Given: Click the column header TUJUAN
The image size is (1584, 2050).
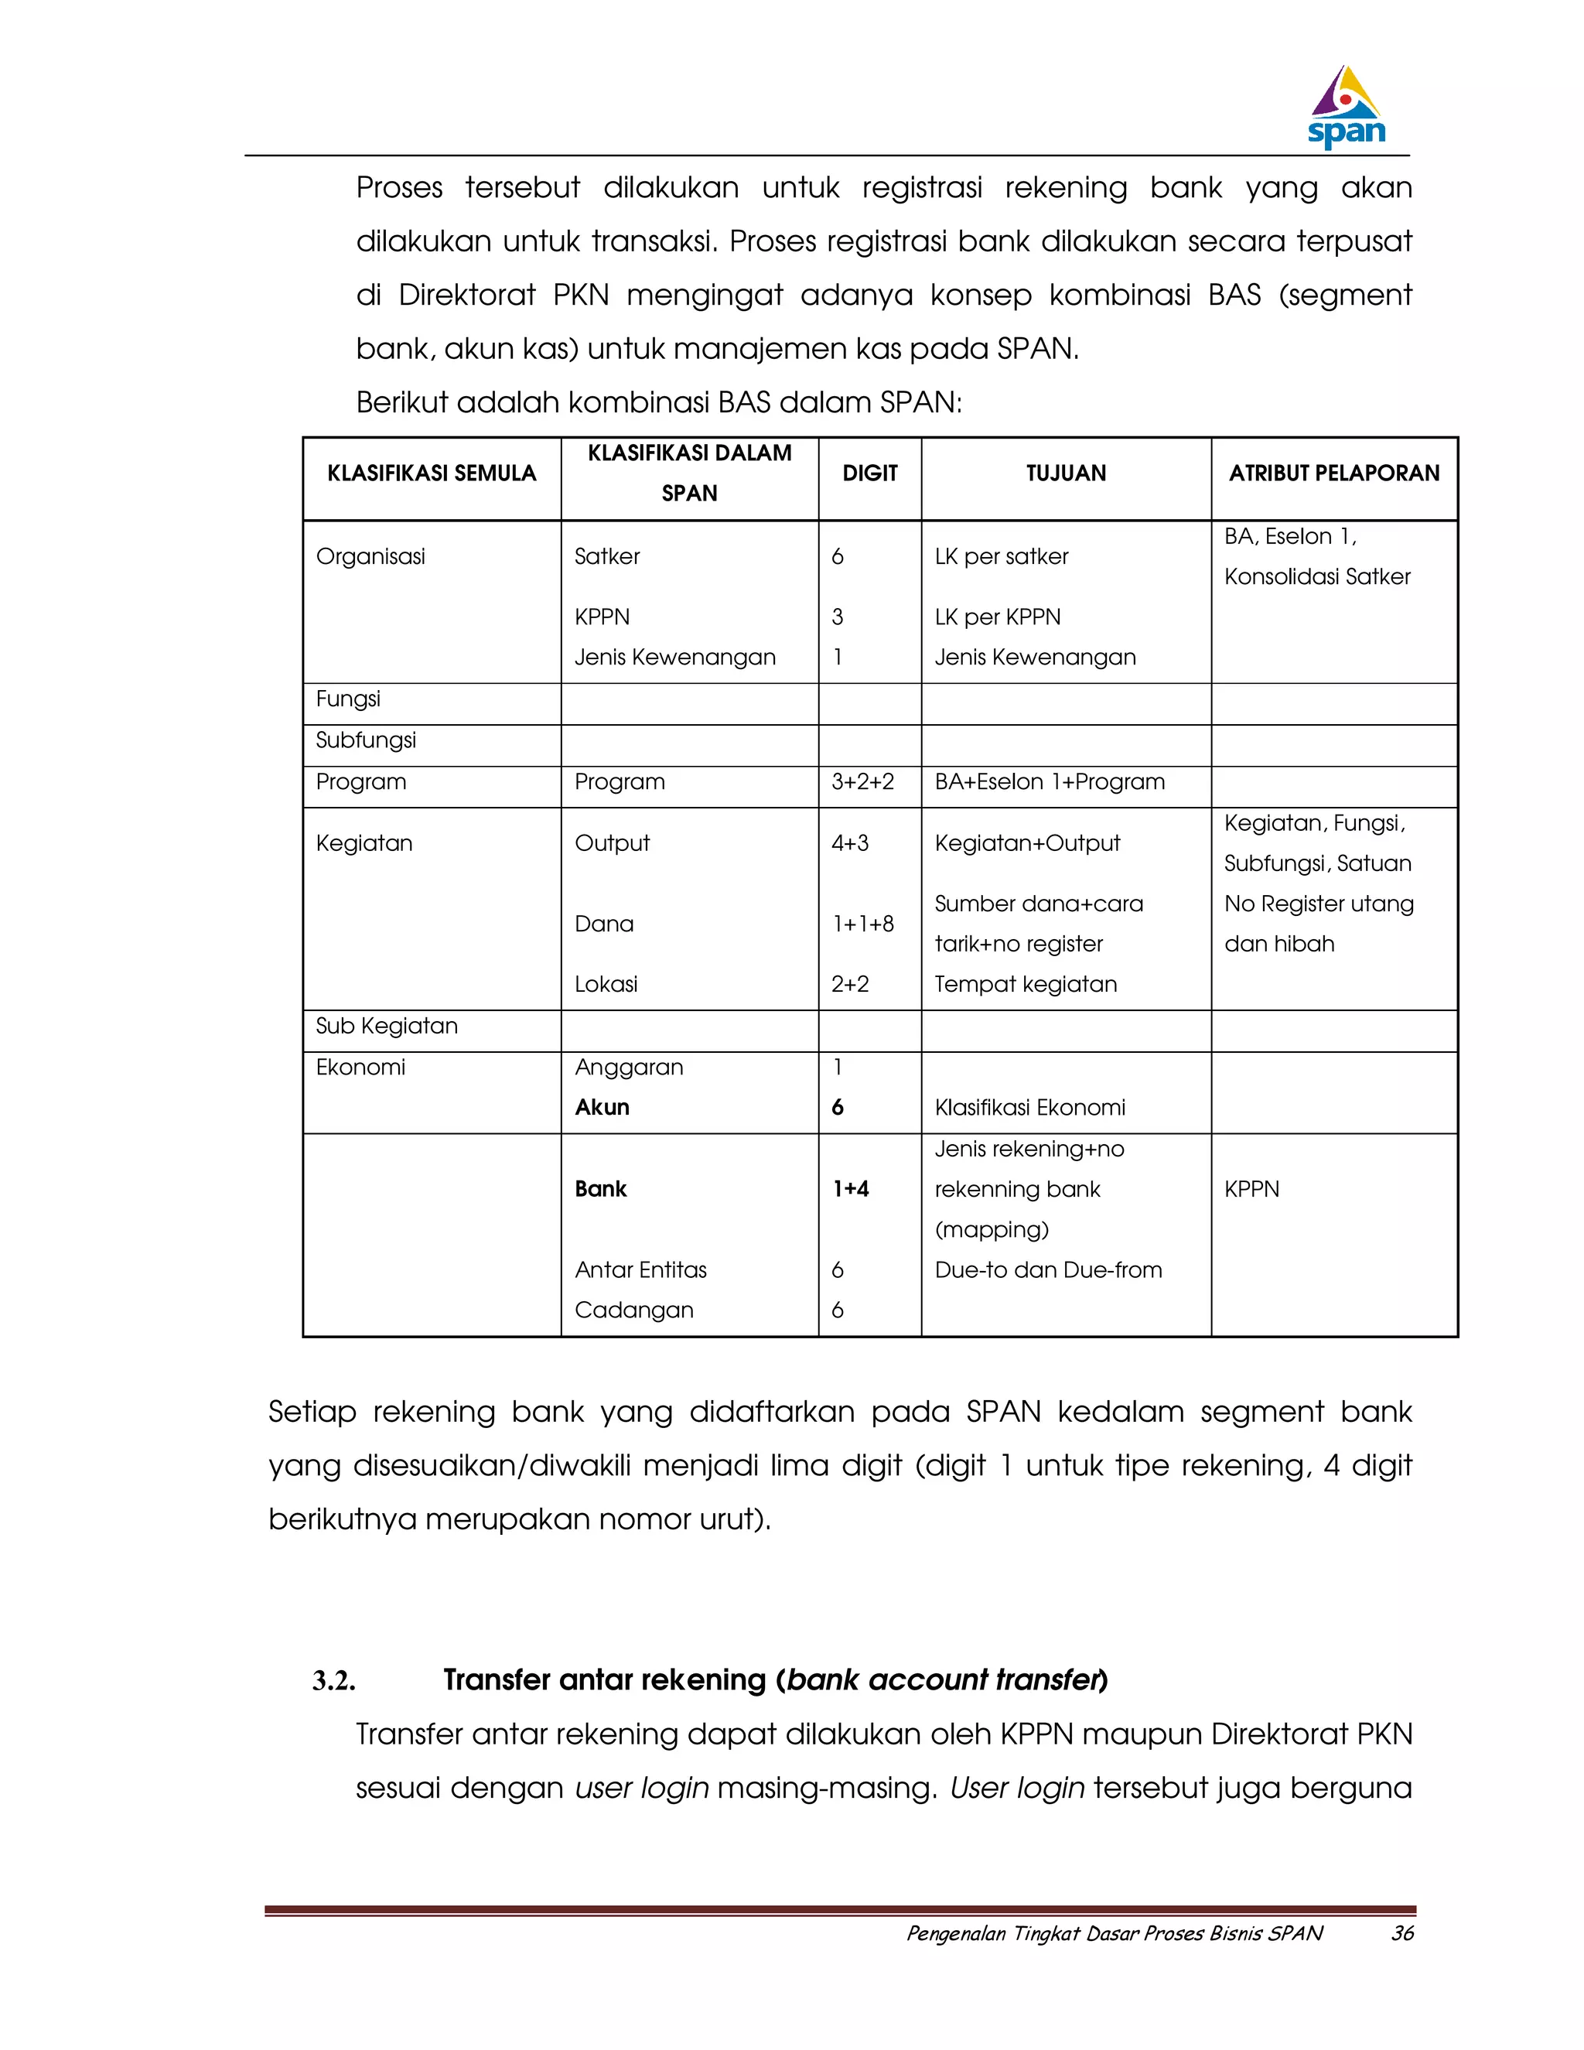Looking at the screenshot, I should pyautogui.click(x=1065, y=473).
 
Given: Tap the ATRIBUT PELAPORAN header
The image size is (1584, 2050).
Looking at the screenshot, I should pyautogui.click(x=1333, y=473).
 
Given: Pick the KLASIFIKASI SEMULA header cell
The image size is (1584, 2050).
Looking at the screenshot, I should pyautogui.click(x=432, y=473).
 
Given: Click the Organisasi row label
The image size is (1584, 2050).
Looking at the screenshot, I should pyautogui.click(x=370, y=557).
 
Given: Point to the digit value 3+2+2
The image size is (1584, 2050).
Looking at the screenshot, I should pyautogui.click(x=862, y=782).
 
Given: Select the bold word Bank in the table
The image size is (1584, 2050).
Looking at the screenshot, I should pyautogui.click(x=600, y=1189).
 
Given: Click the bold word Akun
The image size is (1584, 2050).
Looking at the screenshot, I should pyautogui.click(x=602, y=1108).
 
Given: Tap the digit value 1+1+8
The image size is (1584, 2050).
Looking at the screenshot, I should pyautogui.click(x=862, y=924).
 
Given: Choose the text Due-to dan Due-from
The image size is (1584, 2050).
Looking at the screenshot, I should pyautogui.click(x=1048, y=1270).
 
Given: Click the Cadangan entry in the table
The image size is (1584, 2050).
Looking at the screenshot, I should pyautogui.click(x=633, y=1310).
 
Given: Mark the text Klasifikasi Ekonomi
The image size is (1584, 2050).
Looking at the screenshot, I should pyautogui.click(x=1029, y=1108).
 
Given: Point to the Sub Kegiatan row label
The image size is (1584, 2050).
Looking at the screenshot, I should pyautogui.click(x=387, y=1026).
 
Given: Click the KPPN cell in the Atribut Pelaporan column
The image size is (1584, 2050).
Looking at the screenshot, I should pyautogui.click(x=1252, y=1189).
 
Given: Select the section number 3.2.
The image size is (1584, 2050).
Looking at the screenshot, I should pyautogui.click(x=334, y=1681).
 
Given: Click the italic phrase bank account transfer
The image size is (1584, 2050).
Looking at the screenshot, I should pyautogui.click(x=942, y=1680).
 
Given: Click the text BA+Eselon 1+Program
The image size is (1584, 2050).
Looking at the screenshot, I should pyautogui.click(x=1049, y=782).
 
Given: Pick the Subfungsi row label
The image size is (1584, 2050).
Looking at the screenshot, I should pyautogui.click(x=365, y=740).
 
